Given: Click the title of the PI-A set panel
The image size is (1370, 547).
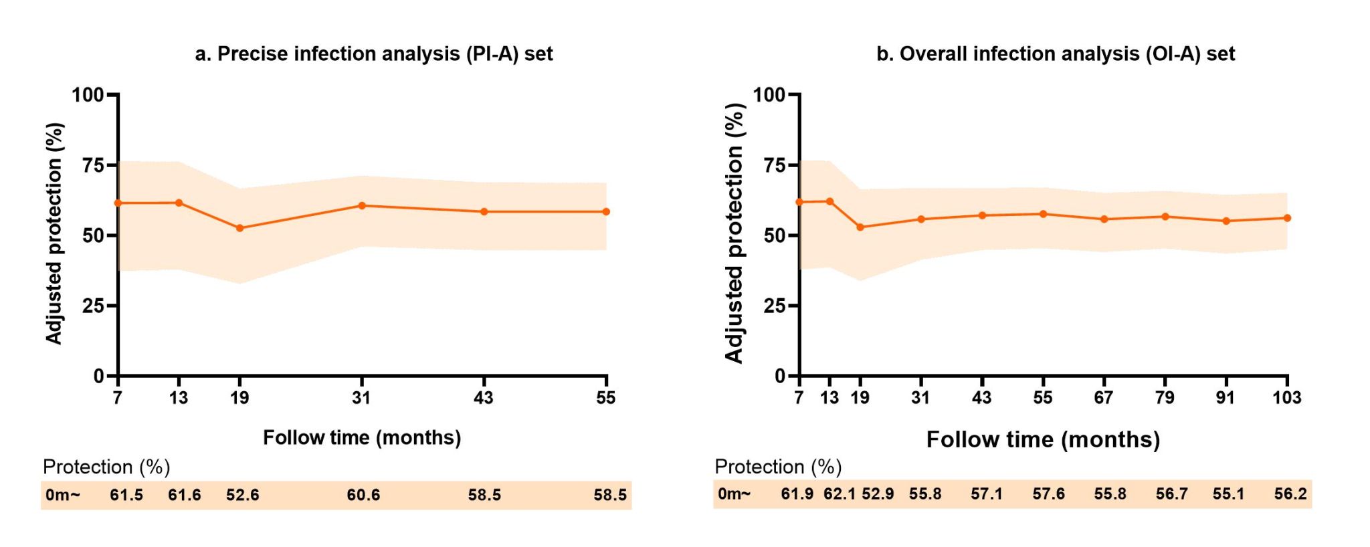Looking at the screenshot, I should pyautogui.click(x=373, y=54).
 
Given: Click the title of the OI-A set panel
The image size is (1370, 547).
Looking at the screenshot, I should pyautogui.click(x=1055, y=54).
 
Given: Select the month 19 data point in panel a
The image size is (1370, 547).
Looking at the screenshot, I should pyautogui.click(x=240, y=228).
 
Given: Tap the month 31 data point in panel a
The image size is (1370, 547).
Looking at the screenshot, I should pyautogui.click(x=362, y=205).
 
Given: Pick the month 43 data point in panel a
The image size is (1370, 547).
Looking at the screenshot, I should pyautogui.click(x=484, y=212).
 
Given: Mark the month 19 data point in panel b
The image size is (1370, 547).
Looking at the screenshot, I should pyautogui.click(x=860, y=227).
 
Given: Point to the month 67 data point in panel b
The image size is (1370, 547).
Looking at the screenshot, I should pyautogui.click(x=1104, y=219).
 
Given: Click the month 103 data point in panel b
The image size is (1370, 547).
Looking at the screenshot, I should pyautogui.click(x=1287, y=218).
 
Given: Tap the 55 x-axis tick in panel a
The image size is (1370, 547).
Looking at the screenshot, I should pyautogui.click(x=606, y=398).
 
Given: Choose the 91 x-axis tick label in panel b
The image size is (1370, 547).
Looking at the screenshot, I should pyautogui.click(x=1226, y=398).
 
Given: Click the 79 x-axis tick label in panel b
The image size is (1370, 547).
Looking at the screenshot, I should pyautogui.click(x=1165, y=398).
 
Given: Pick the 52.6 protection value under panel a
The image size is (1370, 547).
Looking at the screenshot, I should pyautogui.click(x=242, y=496).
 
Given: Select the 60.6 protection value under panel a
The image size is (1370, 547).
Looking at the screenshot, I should pyautogui.click(x=363, y=496).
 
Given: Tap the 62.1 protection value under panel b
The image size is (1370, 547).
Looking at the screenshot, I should pyautogui.click(x=839, y=494).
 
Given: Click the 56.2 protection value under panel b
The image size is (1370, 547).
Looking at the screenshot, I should pyautogui.click(x=1290, y=494).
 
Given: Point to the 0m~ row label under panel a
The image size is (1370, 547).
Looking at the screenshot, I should pyautogui.click(x=63, y=496).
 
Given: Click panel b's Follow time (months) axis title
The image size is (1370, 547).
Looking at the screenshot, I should pyautogui.click(x=1043, y=440).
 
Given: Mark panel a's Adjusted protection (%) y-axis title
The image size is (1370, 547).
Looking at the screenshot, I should pyautogui.click(x=54, y=233).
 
